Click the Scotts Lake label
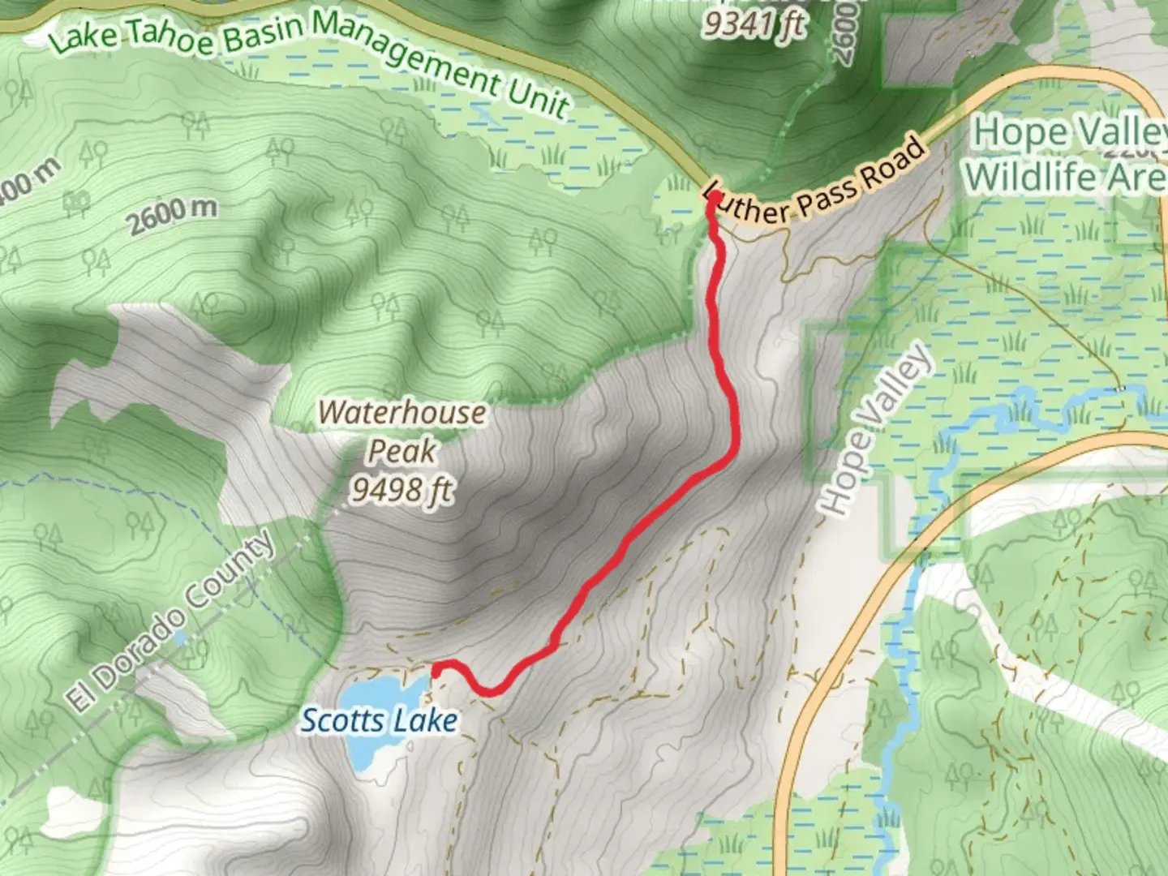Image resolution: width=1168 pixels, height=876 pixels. pyautogui.click(x=379, y=720)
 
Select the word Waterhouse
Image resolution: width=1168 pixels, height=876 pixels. pyautogui.click(x=401, y=413)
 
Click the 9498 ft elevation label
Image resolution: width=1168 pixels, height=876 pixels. pyautogui.click(x=401, y=490)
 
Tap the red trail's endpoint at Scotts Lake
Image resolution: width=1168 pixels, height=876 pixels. pyautogui.click(x=436, y=670)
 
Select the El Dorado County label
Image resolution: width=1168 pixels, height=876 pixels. pyautogui.click(x=171, y=623)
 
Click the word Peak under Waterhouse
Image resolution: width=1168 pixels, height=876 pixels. pyautogui.click(x=402, y=451)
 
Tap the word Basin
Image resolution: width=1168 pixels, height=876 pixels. pyautogui.click(x=264, y=31)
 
